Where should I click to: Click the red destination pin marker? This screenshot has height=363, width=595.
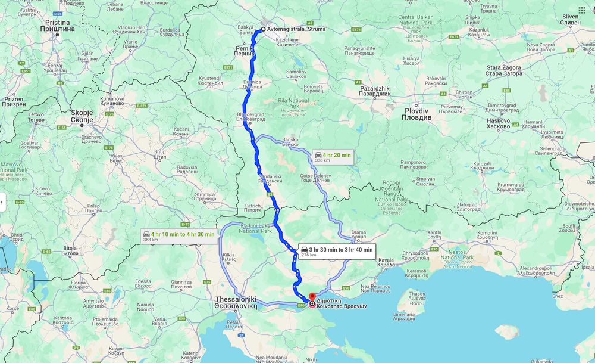tap(312, 297)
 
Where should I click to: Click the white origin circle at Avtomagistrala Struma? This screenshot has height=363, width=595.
tap(263, 29)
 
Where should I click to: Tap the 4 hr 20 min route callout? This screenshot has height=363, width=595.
tap(333, 157)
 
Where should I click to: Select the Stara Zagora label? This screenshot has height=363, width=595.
tap(503, 70)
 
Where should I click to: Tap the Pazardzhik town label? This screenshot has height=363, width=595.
tap(375, 91)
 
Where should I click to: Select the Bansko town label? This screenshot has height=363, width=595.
tap(290, 141)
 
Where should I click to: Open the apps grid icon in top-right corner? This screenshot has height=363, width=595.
tap(581, 11)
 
